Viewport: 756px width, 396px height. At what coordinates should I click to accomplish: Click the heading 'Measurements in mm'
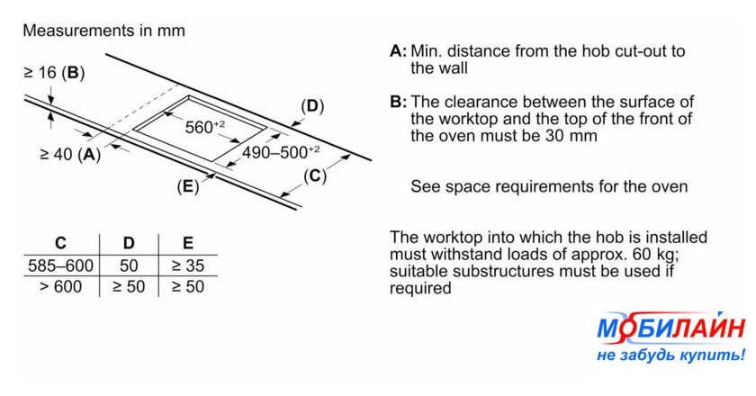pos(103,31)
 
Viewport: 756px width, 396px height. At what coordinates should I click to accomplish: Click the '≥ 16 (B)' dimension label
pos(54,73)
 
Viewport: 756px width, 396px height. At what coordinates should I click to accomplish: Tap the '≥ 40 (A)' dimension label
pos(70,154)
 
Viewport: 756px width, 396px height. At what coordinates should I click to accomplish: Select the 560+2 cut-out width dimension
pos(205,127)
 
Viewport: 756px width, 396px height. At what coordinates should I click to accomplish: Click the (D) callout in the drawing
pos(311,106)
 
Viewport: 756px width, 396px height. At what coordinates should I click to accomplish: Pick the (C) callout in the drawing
pos(314,175)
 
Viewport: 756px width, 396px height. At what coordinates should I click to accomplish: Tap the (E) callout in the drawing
pos(187,187)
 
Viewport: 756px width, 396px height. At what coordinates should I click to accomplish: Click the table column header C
pos(60,243)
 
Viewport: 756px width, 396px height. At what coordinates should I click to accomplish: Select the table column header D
pos(128,243)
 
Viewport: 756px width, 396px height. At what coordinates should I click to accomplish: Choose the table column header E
pos(187,243)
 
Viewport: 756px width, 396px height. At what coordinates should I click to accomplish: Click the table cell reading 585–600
pos(60,265)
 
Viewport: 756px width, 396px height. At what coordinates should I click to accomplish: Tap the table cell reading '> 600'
pos(60,286)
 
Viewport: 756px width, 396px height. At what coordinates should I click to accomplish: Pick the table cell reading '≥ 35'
pos(188,265)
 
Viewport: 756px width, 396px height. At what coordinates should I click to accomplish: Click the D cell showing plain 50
pos(128,265)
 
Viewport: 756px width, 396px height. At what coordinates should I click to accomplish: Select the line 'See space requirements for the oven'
pos(549,187)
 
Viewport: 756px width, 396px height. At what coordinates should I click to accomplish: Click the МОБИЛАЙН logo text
pos(670,330)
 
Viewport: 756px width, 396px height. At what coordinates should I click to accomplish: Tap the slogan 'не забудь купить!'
pos(670,355)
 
